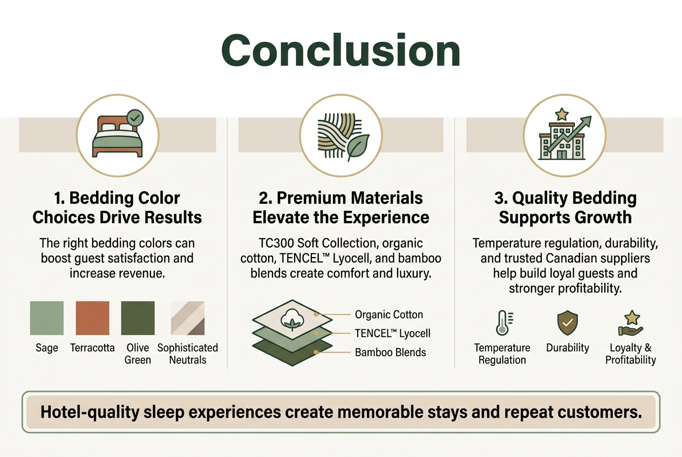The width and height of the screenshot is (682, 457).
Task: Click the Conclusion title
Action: [340, 51]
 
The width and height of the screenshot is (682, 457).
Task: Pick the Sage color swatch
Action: [47, 318]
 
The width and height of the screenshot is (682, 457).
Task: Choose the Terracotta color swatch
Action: [92, 318]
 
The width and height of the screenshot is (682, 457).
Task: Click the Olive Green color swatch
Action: [138, 318]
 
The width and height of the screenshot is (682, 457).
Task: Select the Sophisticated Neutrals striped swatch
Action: [187, 318]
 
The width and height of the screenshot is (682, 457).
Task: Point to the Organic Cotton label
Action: [388, 315]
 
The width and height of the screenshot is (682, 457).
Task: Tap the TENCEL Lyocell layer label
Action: [392, 334]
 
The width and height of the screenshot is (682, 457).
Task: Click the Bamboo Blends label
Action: [390, 353]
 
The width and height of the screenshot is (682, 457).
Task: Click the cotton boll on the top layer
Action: [292, 321]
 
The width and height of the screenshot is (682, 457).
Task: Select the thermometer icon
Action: [502, 323]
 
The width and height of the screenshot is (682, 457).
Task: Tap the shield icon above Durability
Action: [567, 323]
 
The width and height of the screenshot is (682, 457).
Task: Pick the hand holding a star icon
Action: [630, 323]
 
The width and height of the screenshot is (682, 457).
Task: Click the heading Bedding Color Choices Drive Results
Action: [117, 207]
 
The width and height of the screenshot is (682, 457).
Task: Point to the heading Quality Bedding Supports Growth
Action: [565, 207]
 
